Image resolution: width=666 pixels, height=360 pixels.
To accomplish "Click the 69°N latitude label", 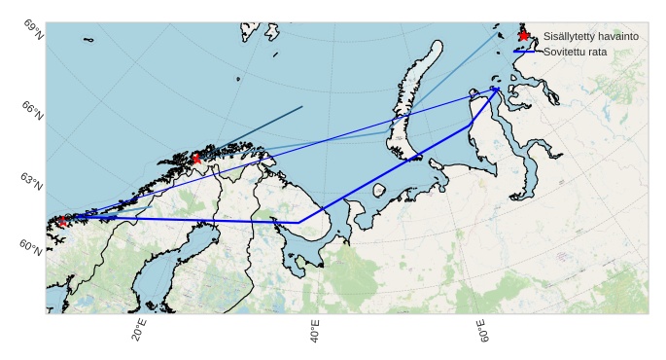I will point(32,27).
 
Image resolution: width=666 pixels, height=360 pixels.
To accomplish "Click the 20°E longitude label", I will point(139,331).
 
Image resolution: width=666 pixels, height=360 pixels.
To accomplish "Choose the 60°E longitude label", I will point(481,331).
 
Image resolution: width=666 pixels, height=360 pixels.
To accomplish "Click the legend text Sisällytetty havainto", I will point(590,36).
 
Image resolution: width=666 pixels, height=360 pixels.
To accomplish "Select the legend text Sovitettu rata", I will point(574,52).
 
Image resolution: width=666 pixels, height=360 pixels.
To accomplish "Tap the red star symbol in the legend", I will point(524,36).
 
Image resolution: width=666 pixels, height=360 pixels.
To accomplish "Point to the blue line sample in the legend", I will point(524,52).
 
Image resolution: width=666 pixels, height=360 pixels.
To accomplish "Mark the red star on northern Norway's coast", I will point(196,158).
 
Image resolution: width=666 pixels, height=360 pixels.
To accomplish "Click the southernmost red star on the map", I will point(63,221).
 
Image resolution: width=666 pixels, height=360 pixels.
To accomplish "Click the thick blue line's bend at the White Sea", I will point(298,223).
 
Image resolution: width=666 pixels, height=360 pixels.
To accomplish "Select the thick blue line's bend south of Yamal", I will point(470,126).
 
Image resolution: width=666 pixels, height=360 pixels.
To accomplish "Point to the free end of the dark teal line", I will point(302,107).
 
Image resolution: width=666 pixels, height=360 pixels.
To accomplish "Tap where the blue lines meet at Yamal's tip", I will point(496,90).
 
